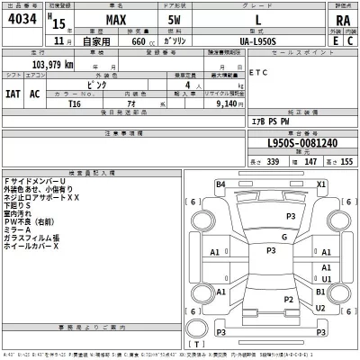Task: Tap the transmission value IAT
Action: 13,93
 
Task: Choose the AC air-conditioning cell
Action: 35,93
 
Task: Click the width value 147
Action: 311,161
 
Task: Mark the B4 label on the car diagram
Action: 220,184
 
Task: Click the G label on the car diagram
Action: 283,237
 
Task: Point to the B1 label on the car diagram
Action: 322,292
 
